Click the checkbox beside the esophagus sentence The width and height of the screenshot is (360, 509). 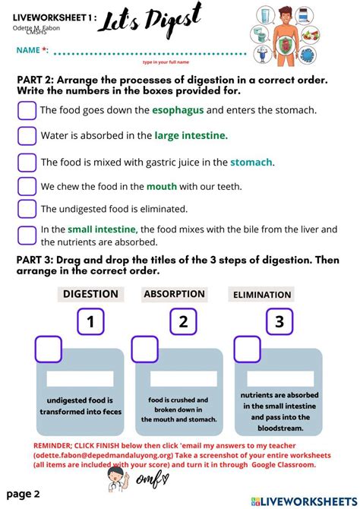coord(27,110)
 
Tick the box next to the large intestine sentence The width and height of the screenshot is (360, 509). coord(27,136)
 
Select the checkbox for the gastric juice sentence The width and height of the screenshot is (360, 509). coord(27,163)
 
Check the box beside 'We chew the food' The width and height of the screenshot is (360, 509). coord(27,186)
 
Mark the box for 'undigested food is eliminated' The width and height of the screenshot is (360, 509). coord(27,209)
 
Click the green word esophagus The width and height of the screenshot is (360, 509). coord(178,111)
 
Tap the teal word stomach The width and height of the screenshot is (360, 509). coord(251,162)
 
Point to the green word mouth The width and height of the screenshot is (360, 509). coord(162,187)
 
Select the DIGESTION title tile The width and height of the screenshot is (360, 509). coord(90,294)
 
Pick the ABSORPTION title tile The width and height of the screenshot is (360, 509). coord(175,294)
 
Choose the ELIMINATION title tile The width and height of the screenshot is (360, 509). coord(261,295)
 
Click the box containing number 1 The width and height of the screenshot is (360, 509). coord(90,321)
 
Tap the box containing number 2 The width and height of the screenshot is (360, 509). coord(183,321)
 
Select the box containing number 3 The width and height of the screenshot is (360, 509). coord(279,321)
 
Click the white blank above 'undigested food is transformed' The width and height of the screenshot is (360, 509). coord(81,378)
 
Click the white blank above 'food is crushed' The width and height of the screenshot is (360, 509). coord(183,378)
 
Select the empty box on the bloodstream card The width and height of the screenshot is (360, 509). coord(247,349)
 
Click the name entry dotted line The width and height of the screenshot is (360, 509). coord(150,53)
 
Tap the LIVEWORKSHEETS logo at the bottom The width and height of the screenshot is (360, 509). coord(304,501)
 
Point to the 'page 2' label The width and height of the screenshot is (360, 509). coord(23,495)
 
